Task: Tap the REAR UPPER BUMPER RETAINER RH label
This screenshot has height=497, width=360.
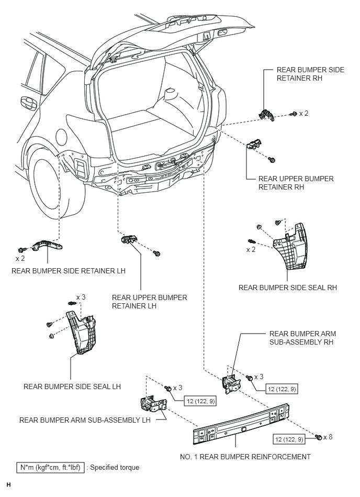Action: (296, 183)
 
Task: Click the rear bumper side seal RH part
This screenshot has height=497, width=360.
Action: (290, 246)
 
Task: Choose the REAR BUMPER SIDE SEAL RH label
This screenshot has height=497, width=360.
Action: (287, 288)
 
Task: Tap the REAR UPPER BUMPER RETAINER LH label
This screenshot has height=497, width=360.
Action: (149, 302)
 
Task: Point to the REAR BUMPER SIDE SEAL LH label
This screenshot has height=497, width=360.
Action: (72, 386)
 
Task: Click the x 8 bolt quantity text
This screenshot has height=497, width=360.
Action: (329, 437)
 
